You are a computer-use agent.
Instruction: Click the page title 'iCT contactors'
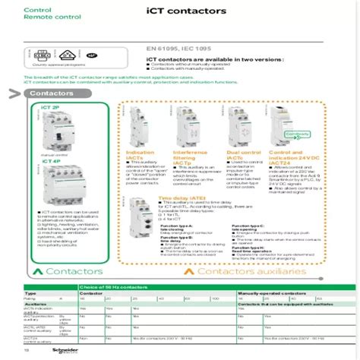pos(181,12)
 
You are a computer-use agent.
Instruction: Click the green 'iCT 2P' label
pos(50,109)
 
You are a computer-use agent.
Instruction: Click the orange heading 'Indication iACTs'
pos(137,155)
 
